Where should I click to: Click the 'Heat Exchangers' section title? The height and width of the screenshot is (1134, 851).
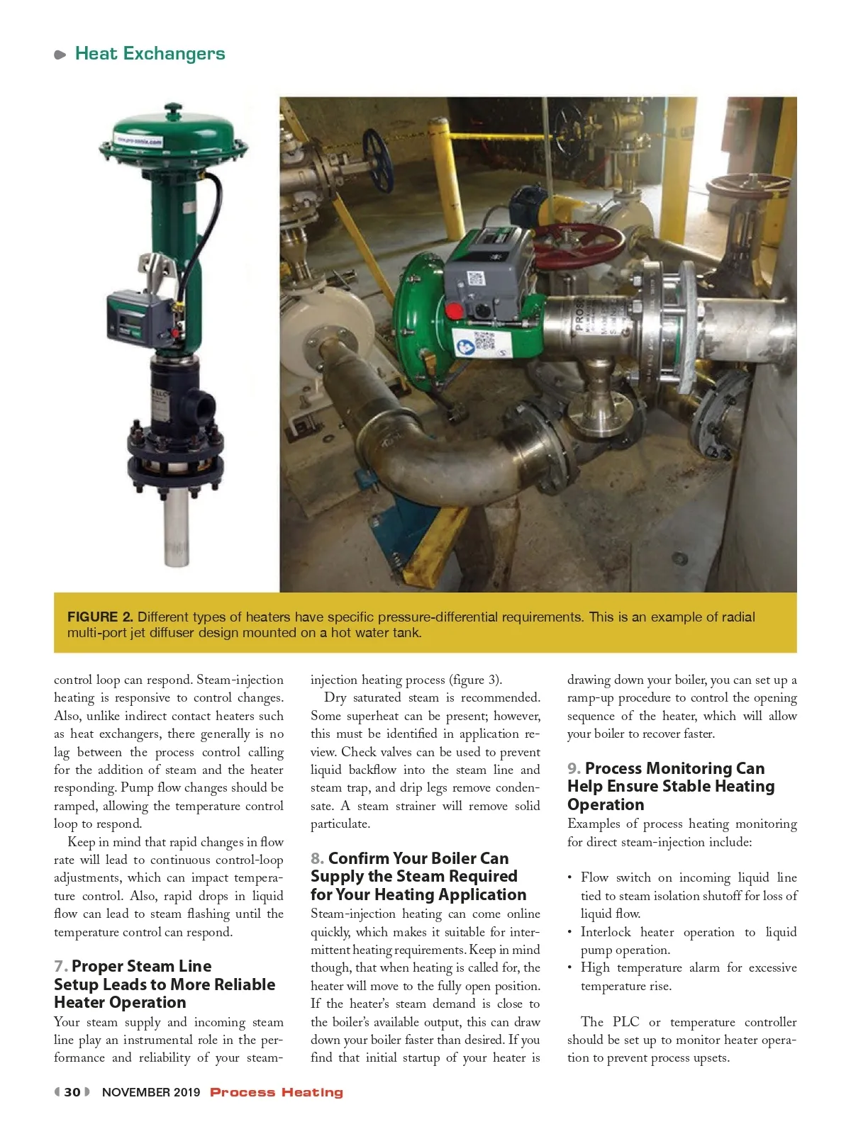coord(150,54)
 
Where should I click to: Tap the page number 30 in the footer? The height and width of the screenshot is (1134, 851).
coord(72,1092)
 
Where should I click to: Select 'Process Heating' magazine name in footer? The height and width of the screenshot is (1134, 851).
coord(277,1092)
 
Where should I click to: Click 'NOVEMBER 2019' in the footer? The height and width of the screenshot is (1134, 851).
coord(151,1092)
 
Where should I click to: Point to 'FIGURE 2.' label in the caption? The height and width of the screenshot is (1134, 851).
coord(100,617)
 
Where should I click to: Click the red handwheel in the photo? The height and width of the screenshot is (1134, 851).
coord(578,245)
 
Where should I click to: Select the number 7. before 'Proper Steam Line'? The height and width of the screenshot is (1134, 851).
coord(61,966)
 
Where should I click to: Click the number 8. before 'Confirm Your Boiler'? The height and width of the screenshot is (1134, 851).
coord(318,858)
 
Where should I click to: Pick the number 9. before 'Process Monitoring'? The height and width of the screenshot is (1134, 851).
coord(574,768)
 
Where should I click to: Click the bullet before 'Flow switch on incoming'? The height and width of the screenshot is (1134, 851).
coord(570,878)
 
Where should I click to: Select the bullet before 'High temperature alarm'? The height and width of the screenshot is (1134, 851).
coord(570,968)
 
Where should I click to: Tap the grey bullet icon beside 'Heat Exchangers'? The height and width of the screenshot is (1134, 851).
coord(60,55)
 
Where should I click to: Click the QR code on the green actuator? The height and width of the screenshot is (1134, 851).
coord(484,341)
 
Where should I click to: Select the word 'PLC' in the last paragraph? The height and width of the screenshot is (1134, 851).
coord(625,1022)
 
